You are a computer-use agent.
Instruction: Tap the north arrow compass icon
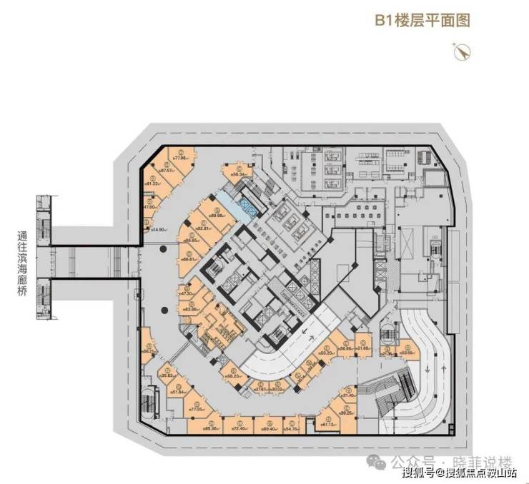459,50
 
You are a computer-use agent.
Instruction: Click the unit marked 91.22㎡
152,183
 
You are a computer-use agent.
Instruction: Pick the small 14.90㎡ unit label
159,229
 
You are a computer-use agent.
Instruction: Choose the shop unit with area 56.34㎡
237,173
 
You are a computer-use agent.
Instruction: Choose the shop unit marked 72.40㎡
239,428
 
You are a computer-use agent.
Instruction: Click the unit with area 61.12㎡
328,423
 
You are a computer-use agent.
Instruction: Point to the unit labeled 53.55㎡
407,352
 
